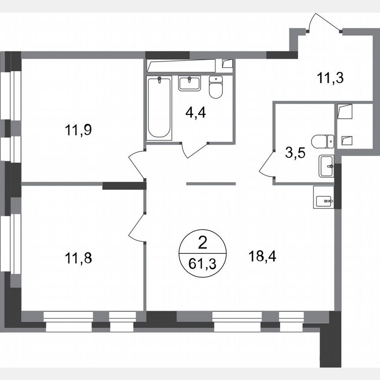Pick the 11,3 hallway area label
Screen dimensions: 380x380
[329, 79]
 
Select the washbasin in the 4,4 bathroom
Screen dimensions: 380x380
[190, 83]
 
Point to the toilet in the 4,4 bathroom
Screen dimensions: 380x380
[216, 87]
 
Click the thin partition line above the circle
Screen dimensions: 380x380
[212, 183]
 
